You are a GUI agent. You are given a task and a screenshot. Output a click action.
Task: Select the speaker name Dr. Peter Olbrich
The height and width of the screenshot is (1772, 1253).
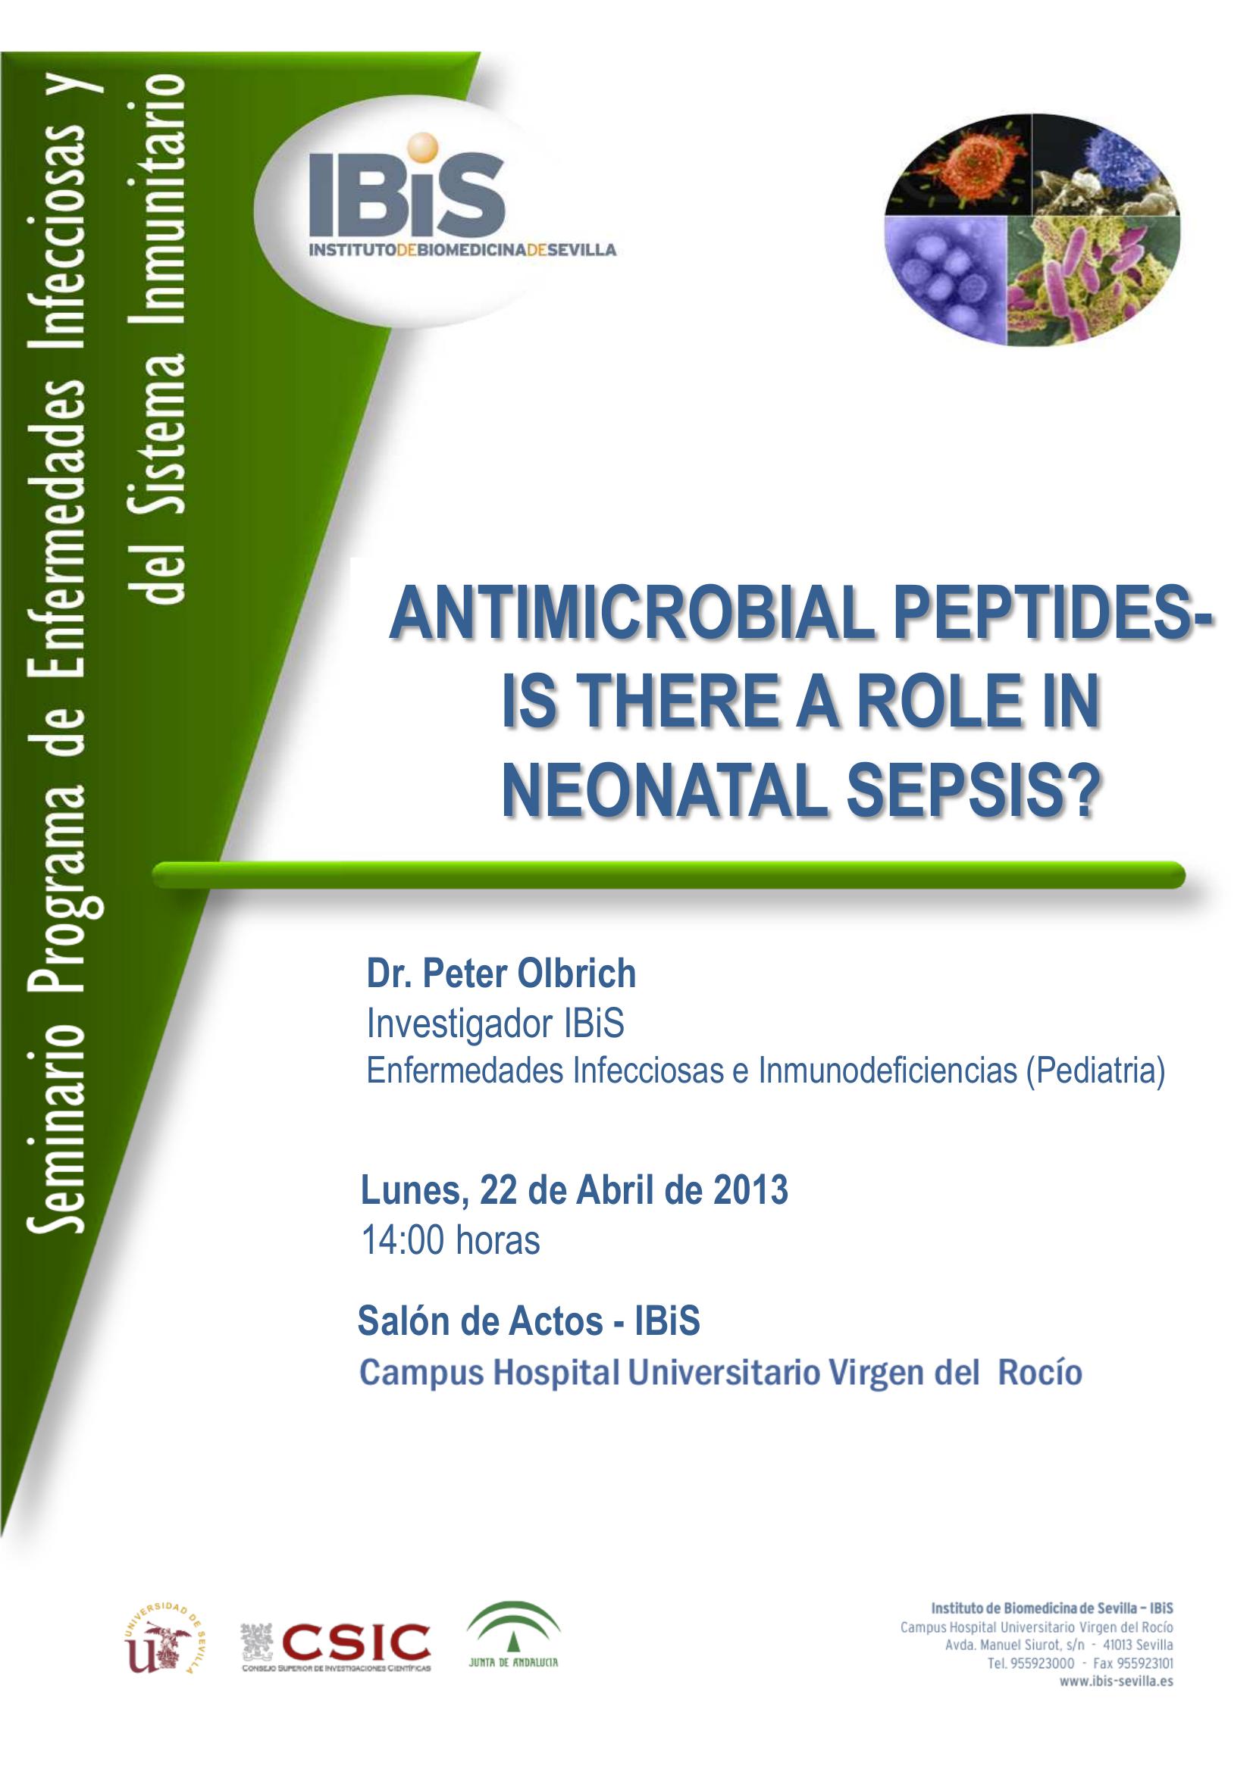501,974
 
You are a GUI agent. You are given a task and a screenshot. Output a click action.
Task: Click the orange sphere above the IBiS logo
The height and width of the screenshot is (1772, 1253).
422,148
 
